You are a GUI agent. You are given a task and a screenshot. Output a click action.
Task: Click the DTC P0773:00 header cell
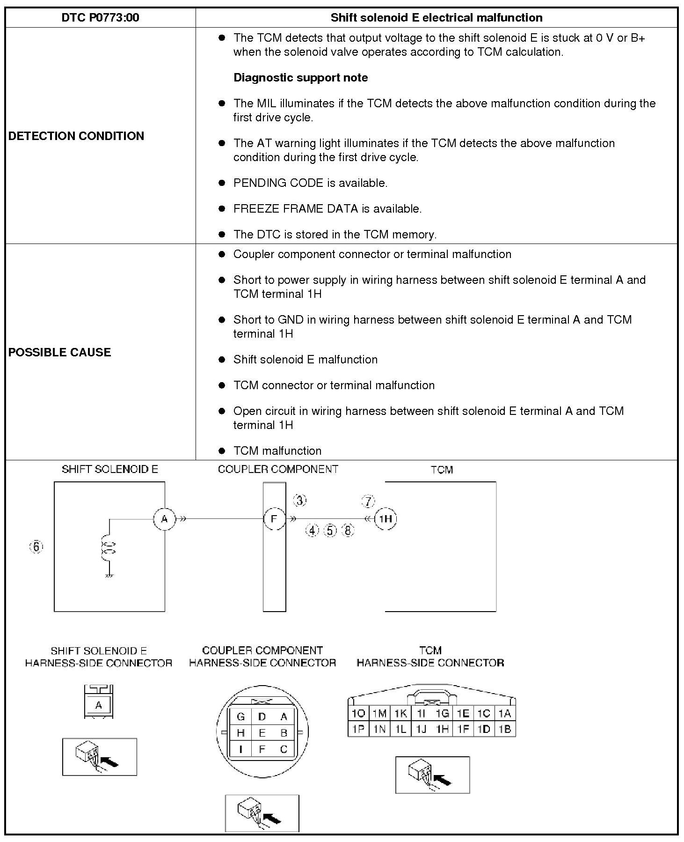coord(100,18)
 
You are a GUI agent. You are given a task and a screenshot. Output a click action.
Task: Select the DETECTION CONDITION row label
coord(76,136)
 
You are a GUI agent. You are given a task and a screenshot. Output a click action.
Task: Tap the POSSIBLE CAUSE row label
coord(59,352)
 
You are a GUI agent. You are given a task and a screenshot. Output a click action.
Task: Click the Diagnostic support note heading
coord(300,78)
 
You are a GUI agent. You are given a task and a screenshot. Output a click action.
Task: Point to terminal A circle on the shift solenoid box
coord(164,519)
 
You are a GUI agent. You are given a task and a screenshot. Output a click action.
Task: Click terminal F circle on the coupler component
coord(274,519)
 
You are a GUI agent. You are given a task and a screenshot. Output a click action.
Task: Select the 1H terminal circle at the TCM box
coord(386,519)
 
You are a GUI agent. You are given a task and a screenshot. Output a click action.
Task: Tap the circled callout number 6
coord(36,547)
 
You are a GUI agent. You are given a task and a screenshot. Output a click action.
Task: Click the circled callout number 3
coord(300,500)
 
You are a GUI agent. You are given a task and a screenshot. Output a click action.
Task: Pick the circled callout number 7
coord(368,502)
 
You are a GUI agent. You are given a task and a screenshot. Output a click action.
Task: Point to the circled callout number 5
coord(330,531)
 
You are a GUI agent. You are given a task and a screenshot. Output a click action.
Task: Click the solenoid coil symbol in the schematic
coord(109,547)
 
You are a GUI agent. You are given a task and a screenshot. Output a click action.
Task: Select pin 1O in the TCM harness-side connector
coord(358,713)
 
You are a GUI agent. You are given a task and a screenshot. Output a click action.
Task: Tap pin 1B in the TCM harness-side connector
coord(505,729)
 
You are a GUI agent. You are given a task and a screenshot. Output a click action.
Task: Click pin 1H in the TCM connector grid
coord(442,729)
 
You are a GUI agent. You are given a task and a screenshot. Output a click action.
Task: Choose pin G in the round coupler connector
coord(241,716)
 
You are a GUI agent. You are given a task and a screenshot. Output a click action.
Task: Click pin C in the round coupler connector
coord(284,749)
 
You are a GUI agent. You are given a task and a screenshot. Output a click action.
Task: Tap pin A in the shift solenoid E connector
coord(98,705)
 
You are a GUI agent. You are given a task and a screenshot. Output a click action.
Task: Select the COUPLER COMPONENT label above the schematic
coord(278,469)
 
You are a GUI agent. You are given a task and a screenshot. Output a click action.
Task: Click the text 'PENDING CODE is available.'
coord(310,183)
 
